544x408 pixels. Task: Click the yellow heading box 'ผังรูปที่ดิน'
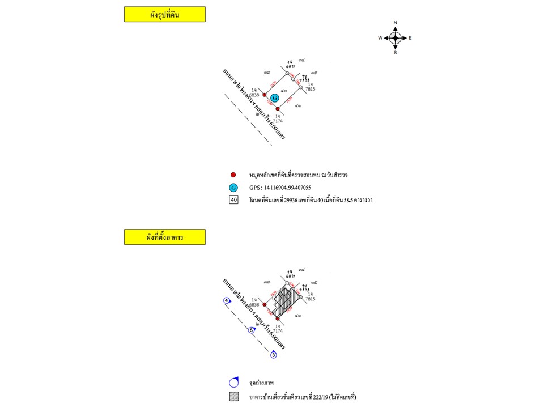coord(164,15)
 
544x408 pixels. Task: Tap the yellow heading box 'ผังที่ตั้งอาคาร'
coord(164,237)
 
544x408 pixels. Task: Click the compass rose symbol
coord(395,38)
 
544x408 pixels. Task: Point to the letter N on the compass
coord(395,23)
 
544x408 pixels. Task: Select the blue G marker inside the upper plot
coord(275,98)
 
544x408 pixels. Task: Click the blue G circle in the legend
coord(233,188)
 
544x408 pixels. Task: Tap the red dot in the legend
coord(233,175)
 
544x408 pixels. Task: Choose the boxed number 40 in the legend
coord(233,200)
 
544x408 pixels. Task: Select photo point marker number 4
coord(227,300)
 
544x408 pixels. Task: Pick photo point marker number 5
coord(252,330)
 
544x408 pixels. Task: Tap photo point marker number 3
coord(273,355)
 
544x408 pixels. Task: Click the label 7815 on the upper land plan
coord(310,89)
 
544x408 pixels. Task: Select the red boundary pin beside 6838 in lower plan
coord(265,305)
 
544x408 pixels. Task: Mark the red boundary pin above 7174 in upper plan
coord(278,108)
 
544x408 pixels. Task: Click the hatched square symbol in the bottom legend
coord(233,396)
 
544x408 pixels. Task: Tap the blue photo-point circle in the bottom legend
coord(233,382)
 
